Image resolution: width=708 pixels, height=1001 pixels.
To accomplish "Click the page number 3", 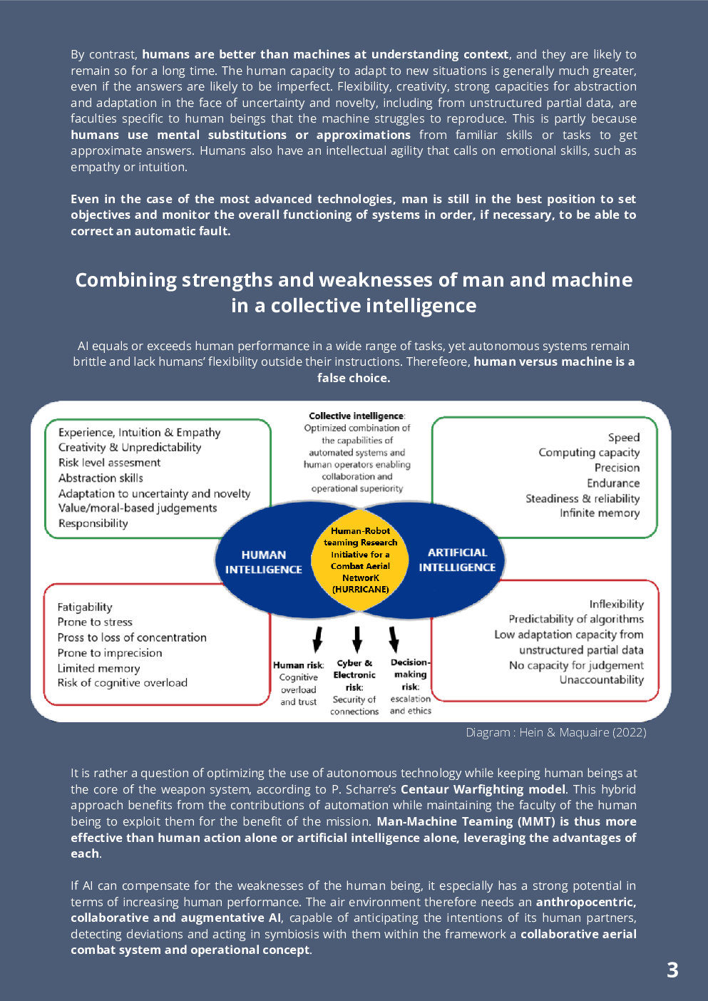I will tap(672, 970).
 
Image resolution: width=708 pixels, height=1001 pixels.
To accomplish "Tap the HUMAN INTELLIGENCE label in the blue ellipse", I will tap(263, 562).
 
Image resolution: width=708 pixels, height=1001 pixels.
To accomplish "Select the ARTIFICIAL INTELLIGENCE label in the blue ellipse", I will tap(457, 560).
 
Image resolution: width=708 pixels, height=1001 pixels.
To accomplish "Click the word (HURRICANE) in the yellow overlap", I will tap(361, 590).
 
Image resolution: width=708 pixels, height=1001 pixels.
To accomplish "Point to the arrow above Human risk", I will tap(318, 639).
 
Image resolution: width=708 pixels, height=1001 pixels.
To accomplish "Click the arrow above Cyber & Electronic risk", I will tap(357, 639).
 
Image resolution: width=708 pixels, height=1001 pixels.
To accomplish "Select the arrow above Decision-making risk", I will tap(394, 639).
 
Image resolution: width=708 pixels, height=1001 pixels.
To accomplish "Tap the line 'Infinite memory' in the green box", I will tap(599, 513).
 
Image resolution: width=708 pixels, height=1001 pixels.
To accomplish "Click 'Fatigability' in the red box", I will tap(85, 607).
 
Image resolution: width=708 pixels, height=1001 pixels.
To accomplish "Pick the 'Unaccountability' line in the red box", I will tap(601, 680).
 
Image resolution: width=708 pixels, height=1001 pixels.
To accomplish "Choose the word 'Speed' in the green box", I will tap(623, 438).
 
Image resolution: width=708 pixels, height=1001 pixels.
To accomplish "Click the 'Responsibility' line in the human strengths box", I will tap(93, 523).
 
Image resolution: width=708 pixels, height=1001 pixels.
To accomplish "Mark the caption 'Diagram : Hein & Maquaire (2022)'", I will tap(555, 732).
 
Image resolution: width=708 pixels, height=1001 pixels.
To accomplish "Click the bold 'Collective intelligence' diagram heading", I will tap(356, 416).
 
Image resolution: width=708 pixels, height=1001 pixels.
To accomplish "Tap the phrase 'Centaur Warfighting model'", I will tap(483, 789).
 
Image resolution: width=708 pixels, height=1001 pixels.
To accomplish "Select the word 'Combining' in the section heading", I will tap(125, 279).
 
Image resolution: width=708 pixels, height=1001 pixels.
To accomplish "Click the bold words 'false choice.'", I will tap(354, 378).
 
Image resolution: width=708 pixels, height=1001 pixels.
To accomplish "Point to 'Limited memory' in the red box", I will tap(98, 668).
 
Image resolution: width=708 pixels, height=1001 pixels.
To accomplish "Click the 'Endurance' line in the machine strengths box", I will tap(613, 483).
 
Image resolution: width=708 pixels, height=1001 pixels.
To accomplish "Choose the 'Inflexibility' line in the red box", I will tap(616, 604).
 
